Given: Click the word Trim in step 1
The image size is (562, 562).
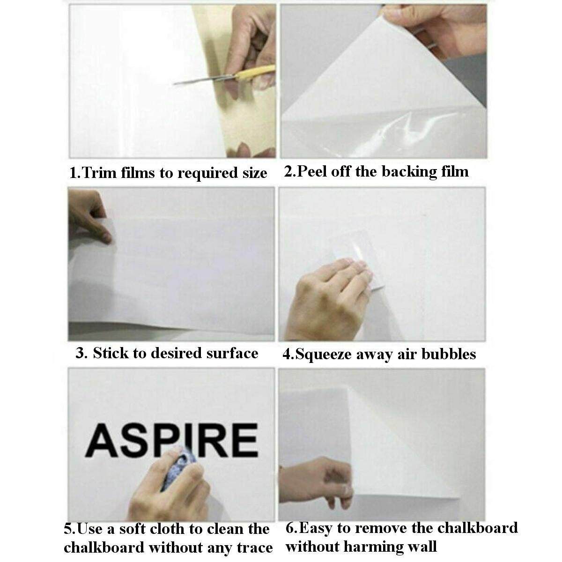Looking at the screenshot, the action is tap(98, 172).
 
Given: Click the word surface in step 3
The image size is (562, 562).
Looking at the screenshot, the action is tap(232, 353).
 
